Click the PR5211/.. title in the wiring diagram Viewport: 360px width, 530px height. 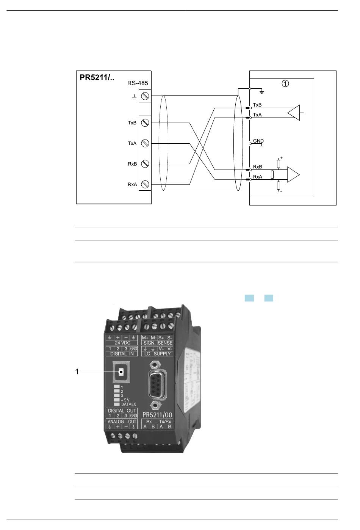(97, 78)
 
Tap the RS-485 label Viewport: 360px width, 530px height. (137, 83)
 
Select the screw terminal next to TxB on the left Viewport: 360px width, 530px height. (144, 123)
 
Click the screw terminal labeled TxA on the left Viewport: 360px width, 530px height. (144, 143)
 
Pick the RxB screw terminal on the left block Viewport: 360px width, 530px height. (144, 164)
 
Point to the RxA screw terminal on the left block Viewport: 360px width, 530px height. (144, 185)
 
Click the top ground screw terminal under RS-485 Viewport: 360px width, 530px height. (144, 96)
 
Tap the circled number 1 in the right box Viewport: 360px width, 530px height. (285, 83)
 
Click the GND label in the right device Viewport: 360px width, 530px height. (258, 141)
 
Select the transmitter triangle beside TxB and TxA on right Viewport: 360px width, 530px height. (294, 113)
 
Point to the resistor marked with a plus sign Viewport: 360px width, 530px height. (279, 164)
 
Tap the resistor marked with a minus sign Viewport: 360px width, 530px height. (279, 185)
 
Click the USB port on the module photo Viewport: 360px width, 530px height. (121, 372)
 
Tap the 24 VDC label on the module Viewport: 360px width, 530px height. (123, 343)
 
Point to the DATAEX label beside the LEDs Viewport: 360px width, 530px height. (128, 405)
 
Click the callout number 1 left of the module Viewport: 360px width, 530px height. (77, 372)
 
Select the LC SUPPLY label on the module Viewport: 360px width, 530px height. (157, 354)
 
